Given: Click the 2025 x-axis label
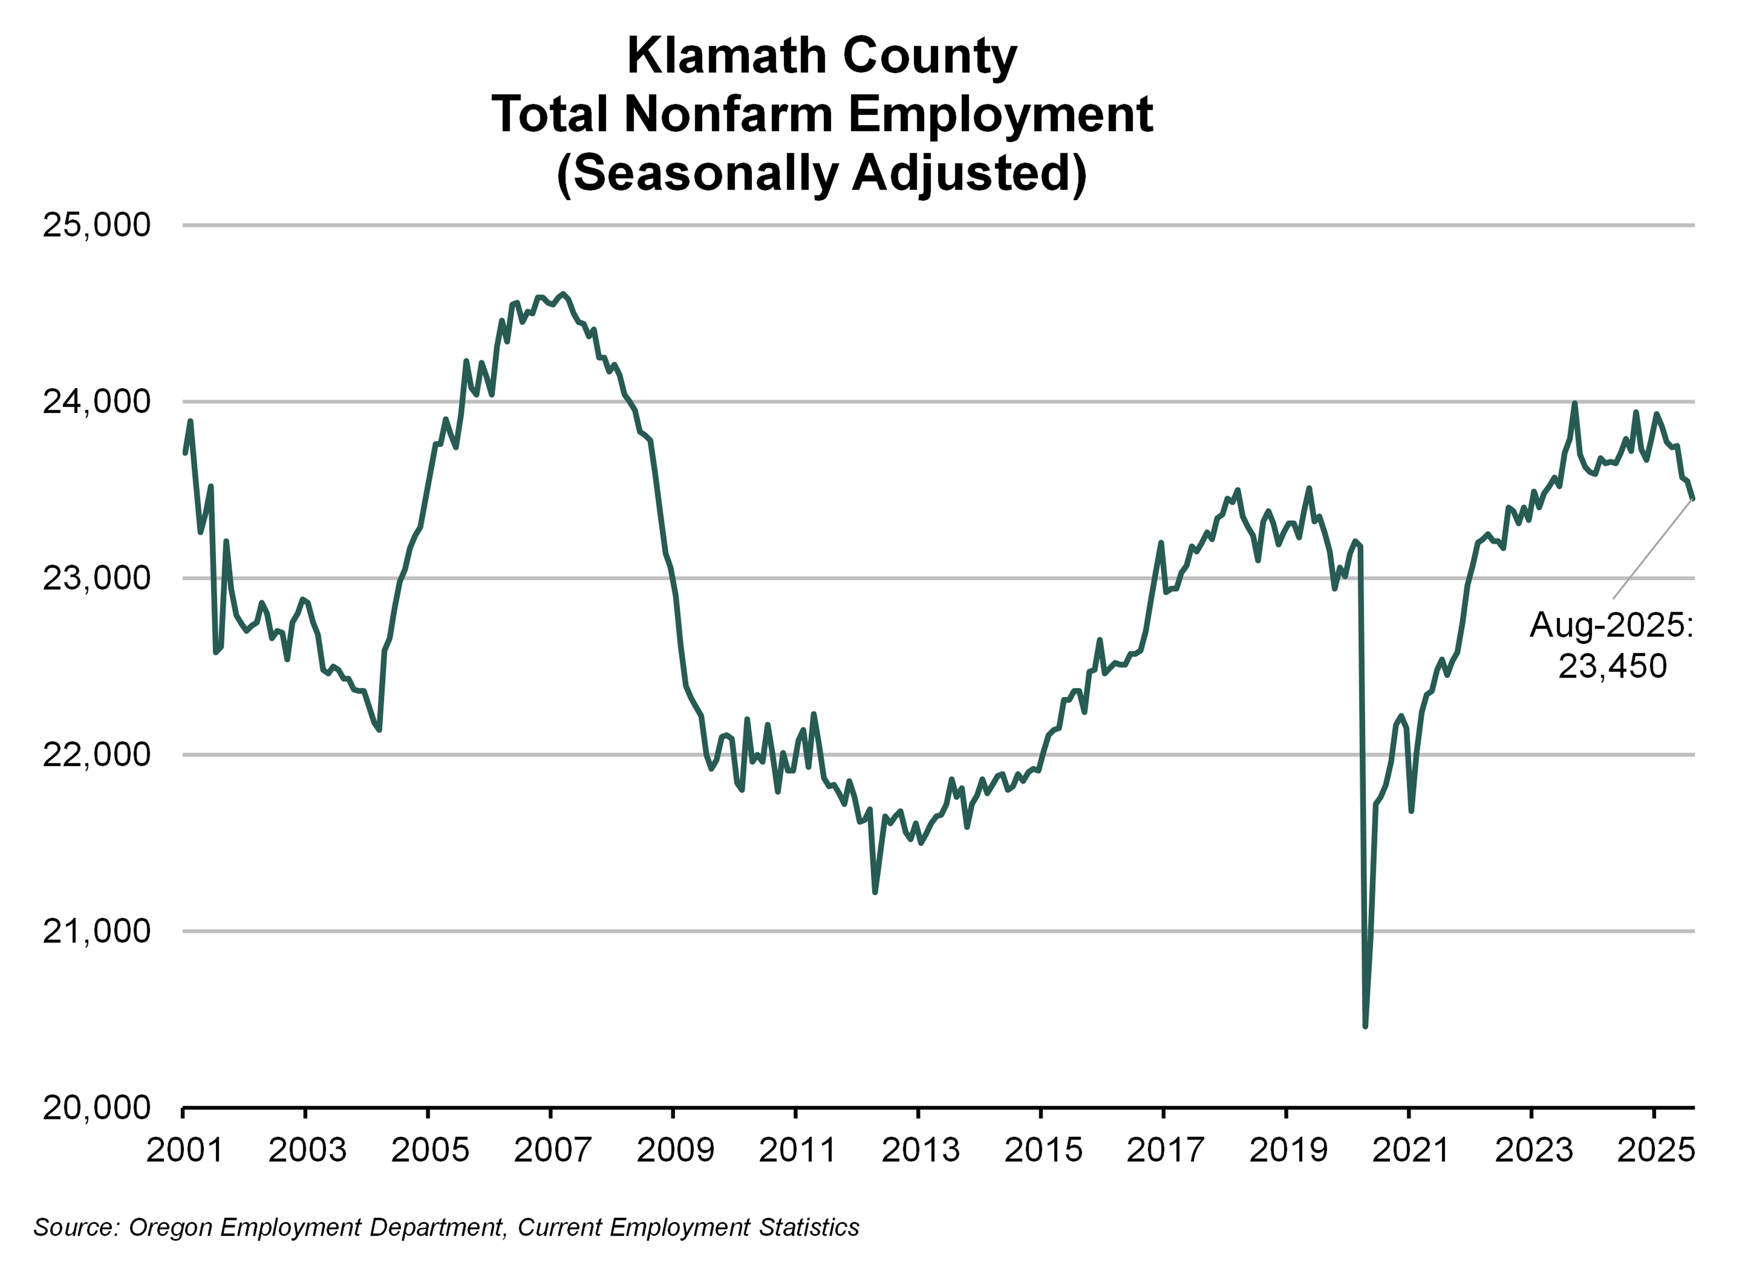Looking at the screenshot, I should pyautogui.click(x=1655, y=1150).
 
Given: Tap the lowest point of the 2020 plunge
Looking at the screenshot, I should pyautogui.click(x=1365, y=1026).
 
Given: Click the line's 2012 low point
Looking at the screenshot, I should pyautogui.click(x=875, y=892).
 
